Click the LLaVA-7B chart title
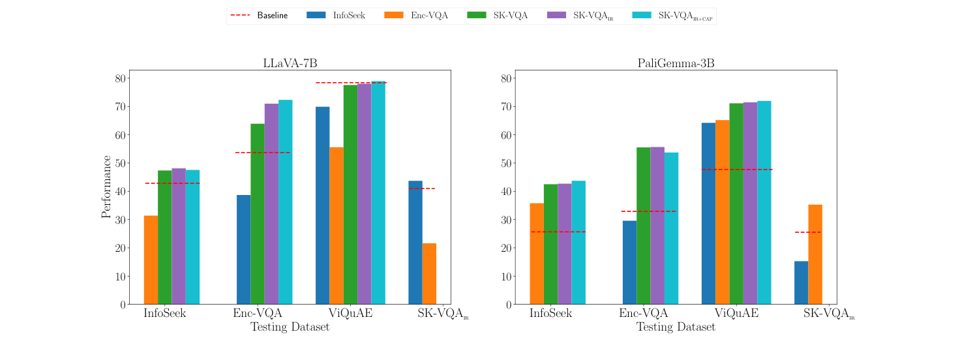coord(290,63)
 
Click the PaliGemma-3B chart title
coord(676,63)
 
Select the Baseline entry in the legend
coord(259,15)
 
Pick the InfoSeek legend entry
coord(337,15)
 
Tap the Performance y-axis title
coord(106,187)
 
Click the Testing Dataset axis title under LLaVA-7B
coord(290,327)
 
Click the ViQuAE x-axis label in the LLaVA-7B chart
coord(350,313)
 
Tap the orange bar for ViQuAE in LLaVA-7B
coord(336,226)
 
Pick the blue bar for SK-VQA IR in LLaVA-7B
coord(415,242)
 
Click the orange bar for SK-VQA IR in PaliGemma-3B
coord(815,254)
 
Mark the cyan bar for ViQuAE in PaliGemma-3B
coord(764,202)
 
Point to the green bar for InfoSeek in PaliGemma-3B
coord(550,244)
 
